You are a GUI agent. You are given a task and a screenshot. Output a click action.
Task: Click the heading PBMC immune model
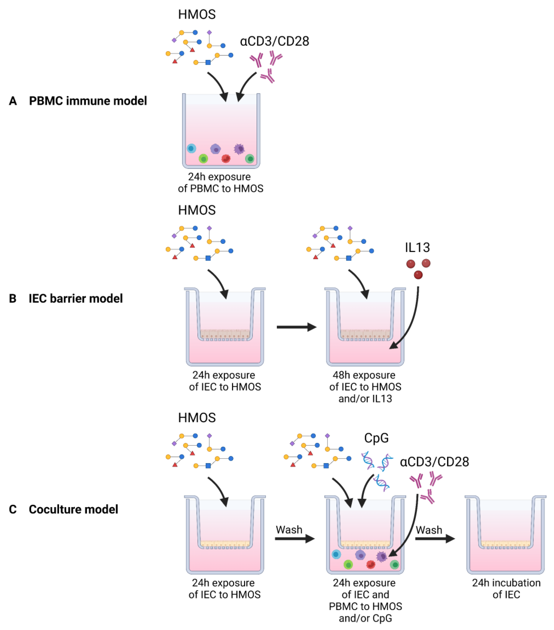point(88,101)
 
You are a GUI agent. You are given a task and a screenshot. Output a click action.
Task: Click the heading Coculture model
point(73,509)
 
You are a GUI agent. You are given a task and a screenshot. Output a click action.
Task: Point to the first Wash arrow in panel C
point(294,538)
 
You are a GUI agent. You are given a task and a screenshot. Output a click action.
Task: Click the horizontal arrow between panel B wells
point(296,327)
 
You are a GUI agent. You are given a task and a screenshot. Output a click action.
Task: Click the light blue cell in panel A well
point(191,149)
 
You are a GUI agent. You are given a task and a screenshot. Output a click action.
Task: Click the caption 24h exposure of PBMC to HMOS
point(220,182)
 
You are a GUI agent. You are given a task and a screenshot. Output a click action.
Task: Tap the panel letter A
point(13,101)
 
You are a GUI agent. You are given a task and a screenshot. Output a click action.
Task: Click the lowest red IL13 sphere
point(418,275)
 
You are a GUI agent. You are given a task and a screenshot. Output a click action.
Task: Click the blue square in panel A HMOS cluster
point(208,62)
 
